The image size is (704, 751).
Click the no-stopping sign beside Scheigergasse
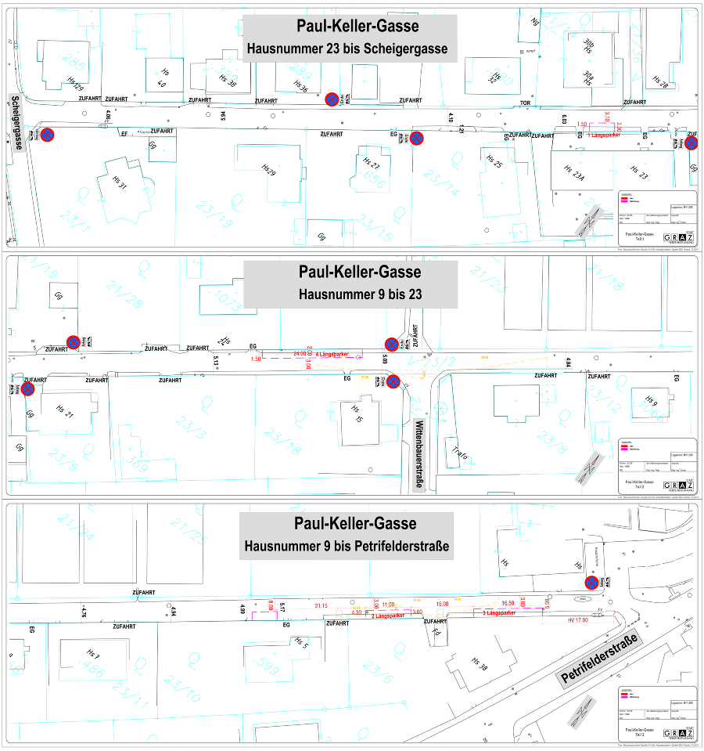point(48,135)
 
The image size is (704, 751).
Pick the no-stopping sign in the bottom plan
point(592,583)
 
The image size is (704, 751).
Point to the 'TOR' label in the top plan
point(526,103)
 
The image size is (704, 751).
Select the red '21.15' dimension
point(321,605)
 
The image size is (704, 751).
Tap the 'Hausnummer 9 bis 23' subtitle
point(350,294)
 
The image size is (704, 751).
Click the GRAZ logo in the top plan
point(678,237)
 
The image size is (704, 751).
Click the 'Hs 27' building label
point(372,163)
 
